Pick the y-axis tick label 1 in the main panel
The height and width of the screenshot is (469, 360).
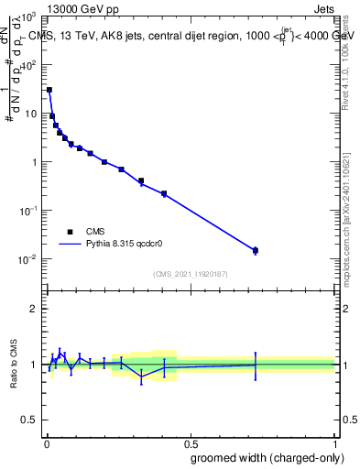coord(35,163)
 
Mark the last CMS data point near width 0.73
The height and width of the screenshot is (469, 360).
coord(256,250)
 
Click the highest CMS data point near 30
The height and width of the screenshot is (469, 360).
coord(49,90)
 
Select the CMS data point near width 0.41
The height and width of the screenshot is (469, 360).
coord(164,193)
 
